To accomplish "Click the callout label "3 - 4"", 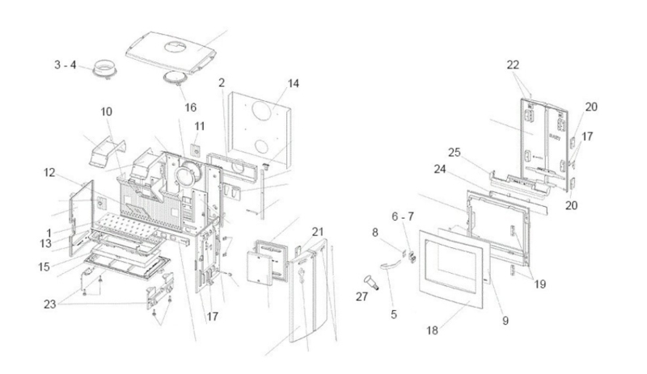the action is pyautogui.click(x=66, y=65).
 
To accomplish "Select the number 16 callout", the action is pyautogui.click(x=190, y=107).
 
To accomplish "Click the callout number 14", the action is pyautogui.click(x=293, y=83).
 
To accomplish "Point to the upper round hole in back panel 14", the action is pyautogui.click(x=264, y=110).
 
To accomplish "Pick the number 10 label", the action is pyautogui.click(x=106, y=111).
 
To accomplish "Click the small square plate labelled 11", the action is pyautogui.click(x=195, y=151).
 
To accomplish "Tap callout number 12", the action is pyautogui.click(x=49, y=172).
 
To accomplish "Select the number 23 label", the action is pyautogui.click(x=50, y=305).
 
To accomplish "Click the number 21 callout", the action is pyautogui.click(x=318, y=232).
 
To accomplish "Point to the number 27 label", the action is pyautogui.click(x=362, y=296).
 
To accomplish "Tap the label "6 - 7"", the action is pyautogui.click(x=402, y=217).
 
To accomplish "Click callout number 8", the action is pyautogui.click(x=375, y=233).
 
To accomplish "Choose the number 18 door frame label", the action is pyautogui.click(x=432, y=330).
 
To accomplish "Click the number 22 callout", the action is pyautogui.click(x=513, y=65).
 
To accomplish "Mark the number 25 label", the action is pyautogui.click(x=455, y=153).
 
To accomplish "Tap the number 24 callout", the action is pyautogui.click(x=440, y=169).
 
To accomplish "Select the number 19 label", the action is pyautogui.click(x=540, y=284).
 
